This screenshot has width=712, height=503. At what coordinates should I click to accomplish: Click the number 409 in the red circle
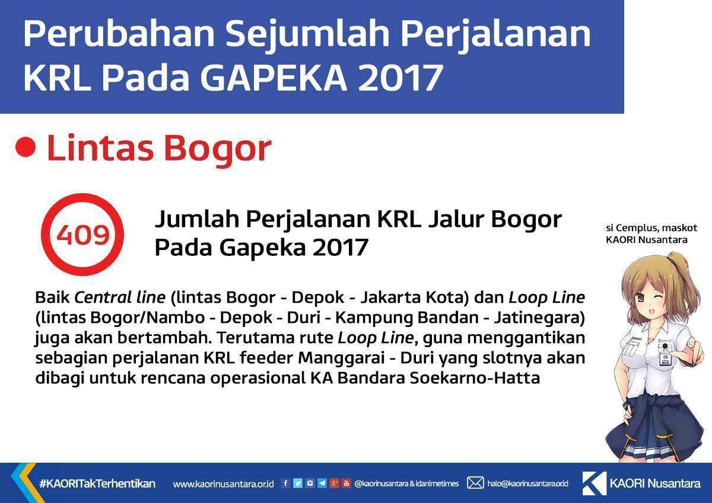[83, 235]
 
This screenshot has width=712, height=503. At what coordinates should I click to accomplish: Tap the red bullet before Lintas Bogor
[26, 148]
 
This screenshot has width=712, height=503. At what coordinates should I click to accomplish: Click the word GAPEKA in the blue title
[274, 77]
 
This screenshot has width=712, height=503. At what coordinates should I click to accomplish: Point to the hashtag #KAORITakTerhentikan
[97, 483]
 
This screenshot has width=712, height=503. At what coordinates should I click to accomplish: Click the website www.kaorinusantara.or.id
[223, 484]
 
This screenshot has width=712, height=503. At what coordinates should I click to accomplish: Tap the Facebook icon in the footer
[285, 483]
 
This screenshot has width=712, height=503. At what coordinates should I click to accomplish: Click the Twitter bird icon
[297, 483]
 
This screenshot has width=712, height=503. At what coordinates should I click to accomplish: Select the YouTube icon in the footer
[346, 483]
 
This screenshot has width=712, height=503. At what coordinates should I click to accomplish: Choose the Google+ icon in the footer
[334, 483]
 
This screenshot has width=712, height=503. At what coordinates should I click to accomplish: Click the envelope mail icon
[475, 483]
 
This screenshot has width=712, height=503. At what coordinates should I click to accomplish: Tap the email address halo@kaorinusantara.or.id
[528, 483]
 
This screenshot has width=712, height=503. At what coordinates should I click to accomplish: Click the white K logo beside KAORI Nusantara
[595, 483]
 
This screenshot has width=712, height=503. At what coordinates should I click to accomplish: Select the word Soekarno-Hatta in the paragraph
[475, 378]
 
